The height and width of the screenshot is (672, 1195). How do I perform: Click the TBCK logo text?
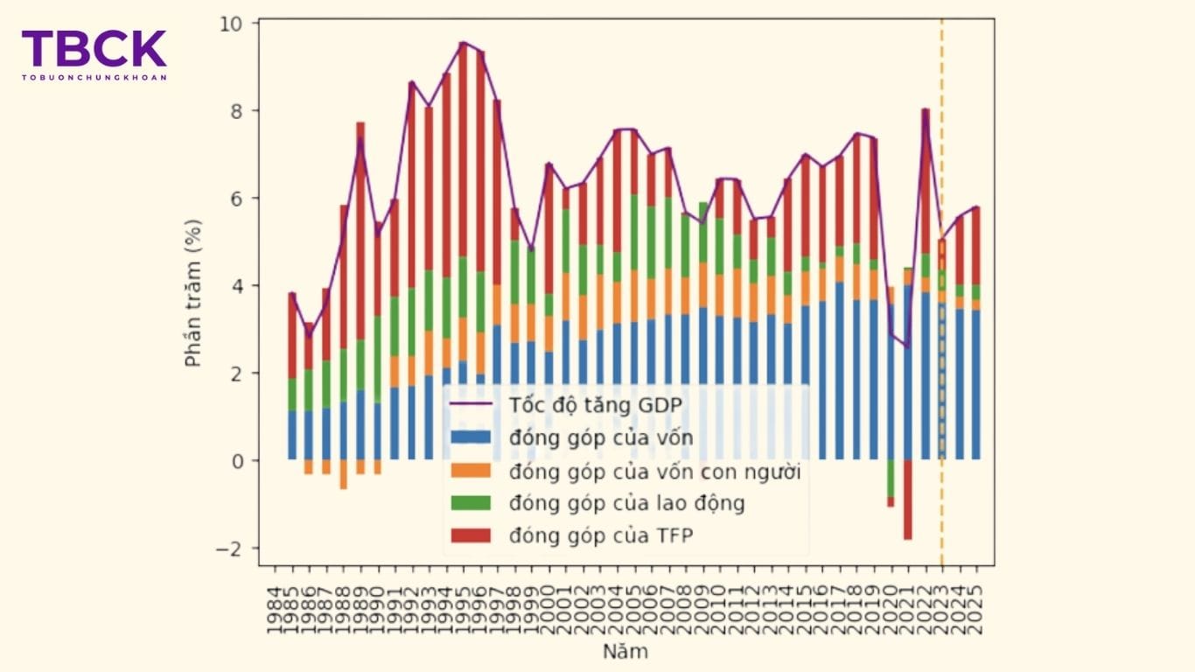tap(94, 49)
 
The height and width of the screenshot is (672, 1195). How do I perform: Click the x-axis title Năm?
tap(625, 652)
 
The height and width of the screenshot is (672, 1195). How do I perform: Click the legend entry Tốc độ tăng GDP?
tap(594, 405)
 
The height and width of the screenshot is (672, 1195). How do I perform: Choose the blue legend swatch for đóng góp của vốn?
tap(472, 438)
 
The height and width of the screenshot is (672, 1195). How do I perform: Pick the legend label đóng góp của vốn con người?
tap(654, 472)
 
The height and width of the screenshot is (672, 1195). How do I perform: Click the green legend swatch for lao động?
tap(472, 504)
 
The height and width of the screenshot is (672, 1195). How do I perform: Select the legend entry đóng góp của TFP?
tap(600, 535)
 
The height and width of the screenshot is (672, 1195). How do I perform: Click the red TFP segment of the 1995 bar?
tap(464, 149)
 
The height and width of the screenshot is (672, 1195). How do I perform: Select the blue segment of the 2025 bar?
tap(975, 385)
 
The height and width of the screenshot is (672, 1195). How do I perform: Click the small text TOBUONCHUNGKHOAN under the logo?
tap(94, 77)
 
